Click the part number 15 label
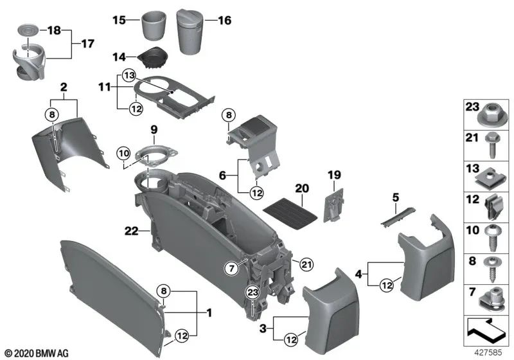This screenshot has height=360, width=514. pos(118,20)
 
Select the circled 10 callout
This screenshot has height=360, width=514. pos(123,153)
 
